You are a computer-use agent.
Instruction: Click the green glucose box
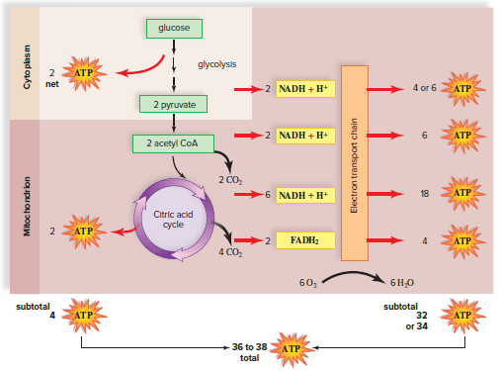[174, 28]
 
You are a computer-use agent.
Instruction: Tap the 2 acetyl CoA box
[173, 144]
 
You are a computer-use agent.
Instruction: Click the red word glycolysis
[216, 64]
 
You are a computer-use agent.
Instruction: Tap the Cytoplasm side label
[28, 64]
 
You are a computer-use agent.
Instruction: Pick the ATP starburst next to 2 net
[83, 72]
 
